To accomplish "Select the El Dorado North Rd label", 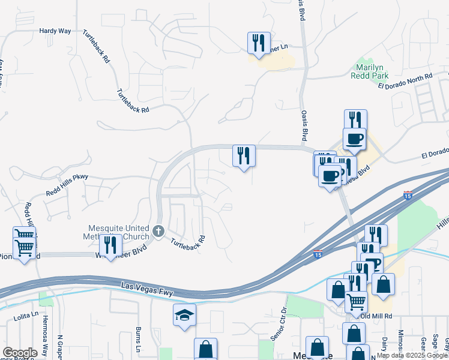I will (405, 82).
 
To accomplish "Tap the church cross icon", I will (158, 231).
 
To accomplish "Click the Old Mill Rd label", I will (376, 316).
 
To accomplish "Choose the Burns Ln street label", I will (138, 340).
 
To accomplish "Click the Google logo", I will (20, 353).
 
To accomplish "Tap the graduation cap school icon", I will (184, 314).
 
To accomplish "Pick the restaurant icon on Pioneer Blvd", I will (110, 245).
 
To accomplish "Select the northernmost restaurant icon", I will (259, 43).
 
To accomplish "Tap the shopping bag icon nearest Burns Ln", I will (205, 349).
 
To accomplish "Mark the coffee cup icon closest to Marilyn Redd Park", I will (354, 139).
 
